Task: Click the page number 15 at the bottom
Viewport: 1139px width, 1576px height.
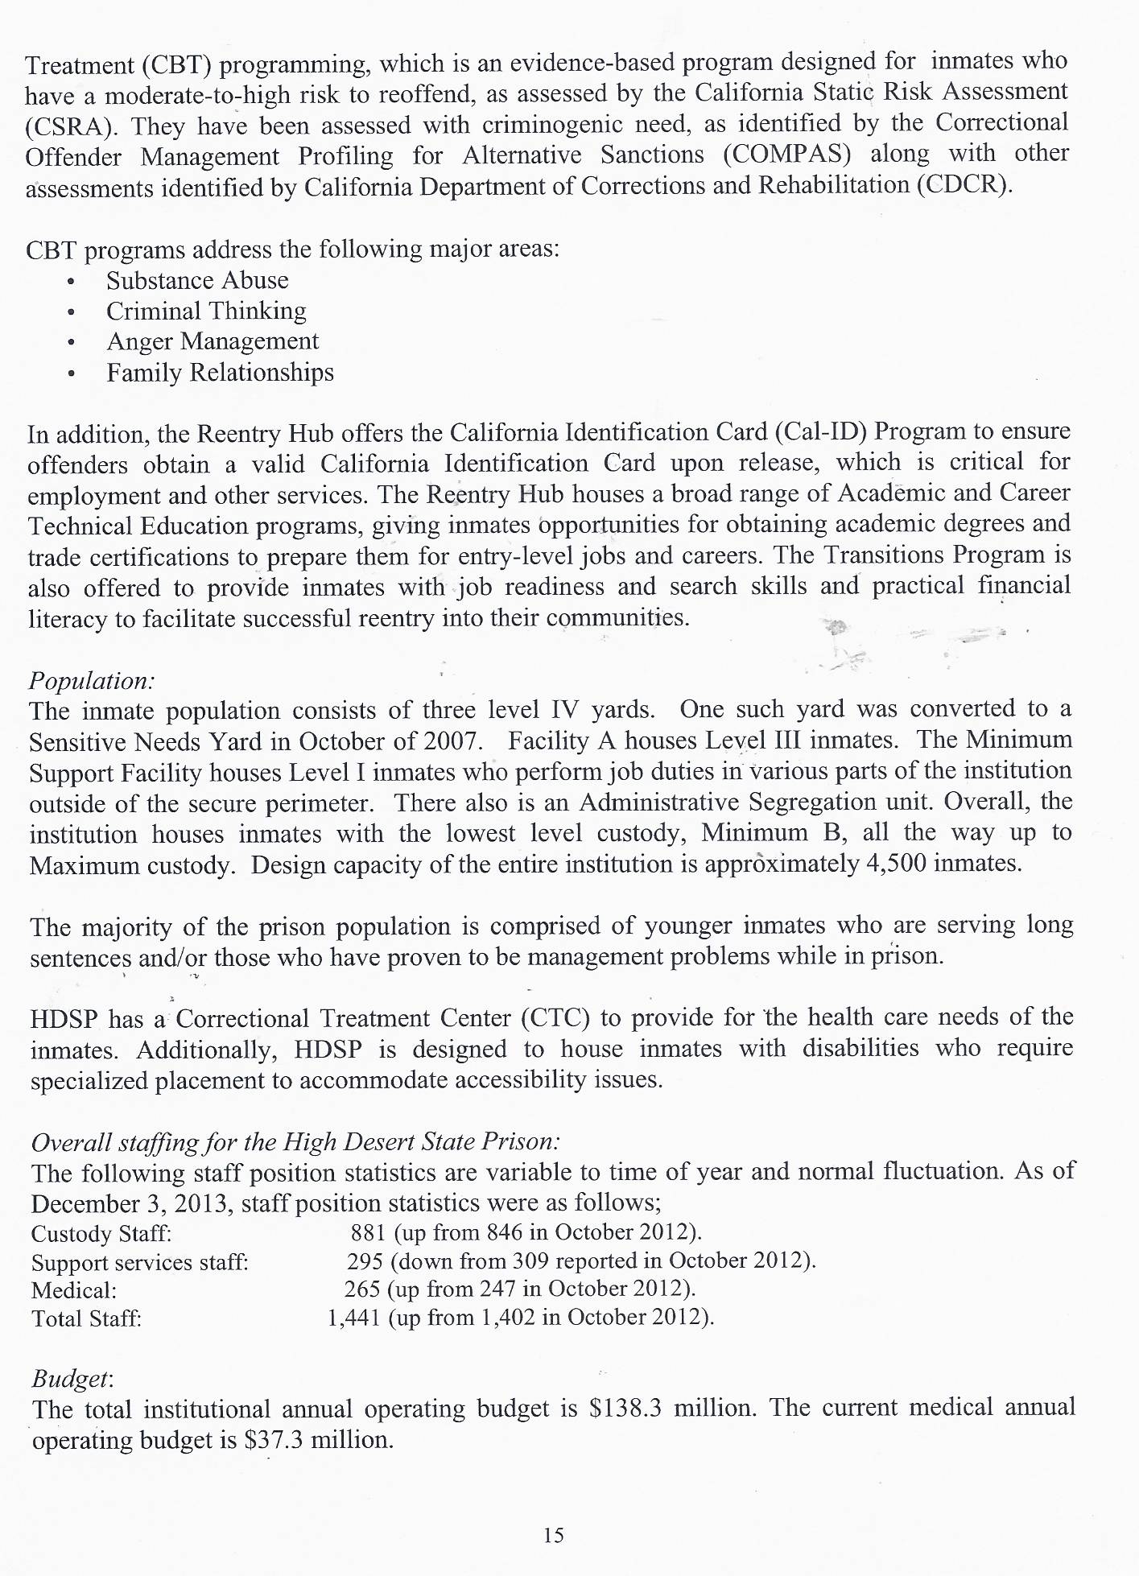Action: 553,1535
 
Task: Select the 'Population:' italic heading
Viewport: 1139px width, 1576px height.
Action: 91,681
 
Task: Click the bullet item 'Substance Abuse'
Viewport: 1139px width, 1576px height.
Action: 197,281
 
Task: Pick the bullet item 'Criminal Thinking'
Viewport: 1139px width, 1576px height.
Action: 206,311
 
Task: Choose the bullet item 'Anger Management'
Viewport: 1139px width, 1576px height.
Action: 213,342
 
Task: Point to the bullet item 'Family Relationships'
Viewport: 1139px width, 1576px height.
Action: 220,373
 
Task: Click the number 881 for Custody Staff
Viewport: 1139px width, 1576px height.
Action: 367,1232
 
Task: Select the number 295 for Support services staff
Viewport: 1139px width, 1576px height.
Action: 364,1260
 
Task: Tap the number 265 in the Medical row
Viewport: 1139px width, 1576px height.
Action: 361,1289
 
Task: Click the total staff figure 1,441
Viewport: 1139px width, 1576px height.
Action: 353,1318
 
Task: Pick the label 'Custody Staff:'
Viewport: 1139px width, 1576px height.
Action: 101,1234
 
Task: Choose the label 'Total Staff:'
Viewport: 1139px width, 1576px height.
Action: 86,1318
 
